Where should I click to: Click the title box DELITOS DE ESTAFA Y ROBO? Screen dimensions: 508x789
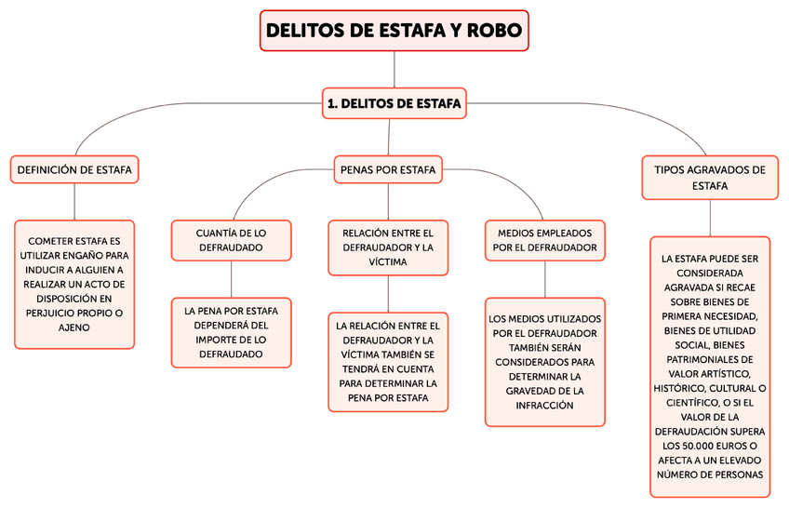coord(394,30)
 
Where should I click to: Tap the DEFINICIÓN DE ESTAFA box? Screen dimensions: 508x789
coord(74,169)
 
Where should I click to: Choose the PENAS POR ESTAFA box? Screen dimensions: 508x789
coord(388,169)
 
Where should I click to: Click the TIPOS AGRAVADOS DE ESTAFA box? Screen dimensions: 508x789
coord(710,177)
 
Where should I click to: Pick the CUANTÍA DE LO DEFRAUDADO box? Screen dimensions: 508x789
coord(231,239)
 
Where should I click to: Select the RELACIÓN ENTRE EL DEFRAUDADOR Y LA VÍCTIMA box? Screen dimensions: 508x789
coord(388,247)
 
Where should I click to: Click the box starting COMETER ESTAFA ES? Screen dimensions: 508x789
coord(74,284)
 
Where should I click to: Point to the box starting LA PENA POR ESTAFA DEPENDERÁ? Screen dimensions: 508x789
coord(231,332)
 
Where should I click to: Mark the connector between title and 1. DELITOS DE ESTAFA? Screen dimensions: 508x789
coord(394,71)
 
